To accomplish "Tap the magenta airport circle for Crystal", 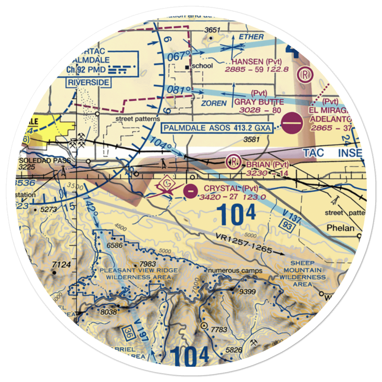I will (x=190, y=190).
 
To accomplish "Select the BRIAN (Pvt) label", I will (x=267, y=165).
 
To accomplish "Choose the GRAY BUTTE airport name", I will (x=259, y=102).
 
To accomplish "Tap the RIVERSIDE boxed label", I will (x=88, y=83).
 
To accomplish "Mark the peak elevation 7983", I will (x=147, y=264).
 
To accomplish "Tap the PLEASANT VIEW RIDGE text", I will (x=138, y=270).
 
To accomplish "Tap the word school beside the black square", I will (x=202, y=66).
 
